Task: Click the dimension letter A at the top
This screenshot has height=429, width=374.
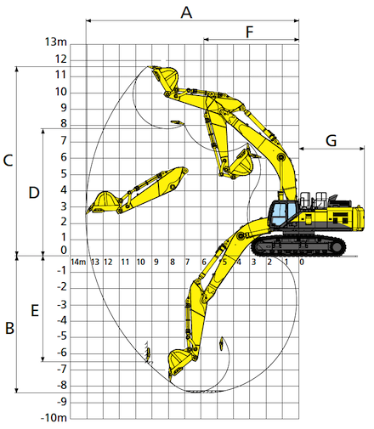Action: coord(186,13)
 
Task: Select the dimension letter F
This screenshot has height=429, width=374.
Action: coord(249,32)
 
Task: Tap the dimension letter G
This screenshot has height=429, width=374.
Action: coord(331,140)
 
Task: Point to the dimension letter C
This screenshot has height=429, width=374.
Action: coord(8,161)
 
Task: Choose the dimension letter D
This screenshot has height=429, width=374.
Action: coord(34,193)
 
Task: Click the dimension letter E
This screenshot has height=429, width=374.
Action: coord(35,310)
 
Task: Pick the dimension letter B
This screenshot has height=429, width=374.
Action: coord(9,329)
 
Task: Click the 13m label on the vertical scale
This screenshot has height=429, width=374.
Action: coord(56,42)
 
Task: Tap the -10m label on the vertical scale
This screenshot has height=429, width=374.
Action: coord(54,418)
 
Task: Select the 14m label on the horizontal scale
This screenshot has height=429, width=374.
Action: coord(78,262)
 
